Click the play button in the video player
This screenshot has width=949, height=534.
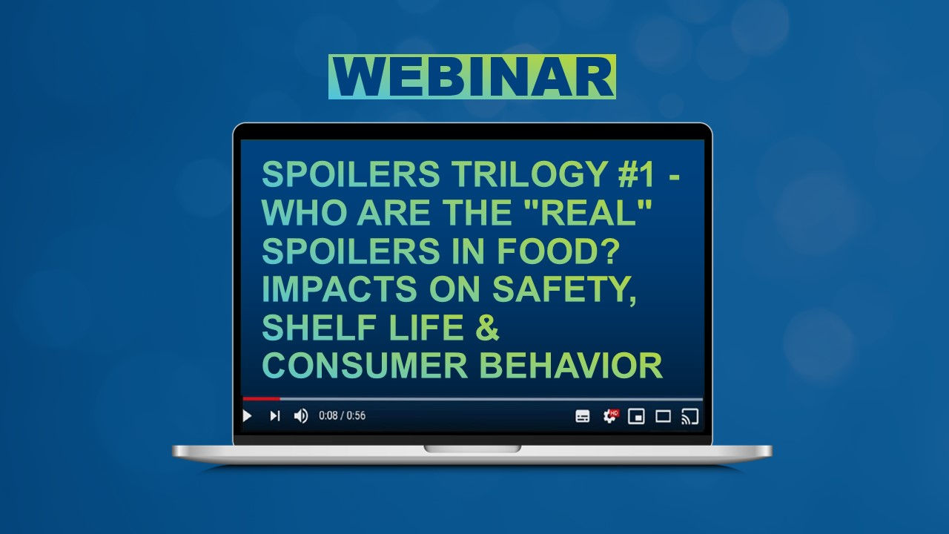click(248, 416)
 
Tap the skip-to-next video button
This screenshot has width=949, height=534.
click(274, 416)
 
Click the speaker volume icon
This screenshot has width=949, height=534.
click(300, 416)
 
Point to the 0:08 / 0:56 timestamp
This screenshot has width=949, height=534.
click(342, 416)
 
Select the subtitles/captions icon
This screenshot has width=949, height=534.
click(583, 416)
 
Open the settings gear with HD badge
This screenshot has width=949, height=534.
click(610, 416)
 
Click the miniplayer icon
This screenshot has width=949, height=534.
click(636, 416)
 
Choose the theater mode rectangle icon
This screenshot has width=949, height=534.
click(663, 416)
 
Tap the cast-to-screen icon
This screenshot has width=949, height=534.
click(690, 416)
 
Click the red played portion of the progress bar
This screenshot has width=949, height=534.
click(261, 399)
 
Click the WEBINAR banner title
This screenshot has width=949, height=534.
click(472, 77)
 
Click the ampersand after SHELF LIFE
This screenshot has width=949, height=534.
click(487, 328)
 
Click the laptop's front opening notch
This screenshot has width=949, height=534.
click(472, 449)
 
